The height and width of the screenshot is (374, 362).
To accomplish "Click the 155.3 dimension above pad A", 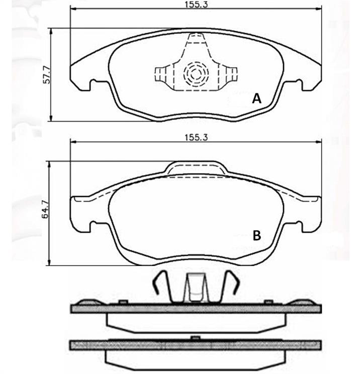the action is [197, 5].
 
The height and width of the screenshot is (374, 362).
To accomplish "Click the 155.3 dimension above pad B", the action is [196, 138].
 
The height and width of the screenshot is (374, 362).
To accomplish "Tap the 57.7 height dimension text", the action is [47, 75].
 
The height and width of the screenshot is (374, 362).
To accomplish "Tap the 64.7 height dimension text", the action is [46, 210].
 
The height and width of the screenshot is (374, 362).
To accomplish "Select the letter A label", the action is [256, 99].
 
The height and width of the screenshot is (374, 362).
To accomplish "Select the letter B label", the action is [257, 235].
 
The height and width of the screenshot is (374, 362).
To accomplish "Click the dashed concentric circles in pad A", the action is [196, 74].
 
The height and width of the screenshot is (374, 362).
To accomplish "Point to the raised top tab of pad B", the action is [196, 168].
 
